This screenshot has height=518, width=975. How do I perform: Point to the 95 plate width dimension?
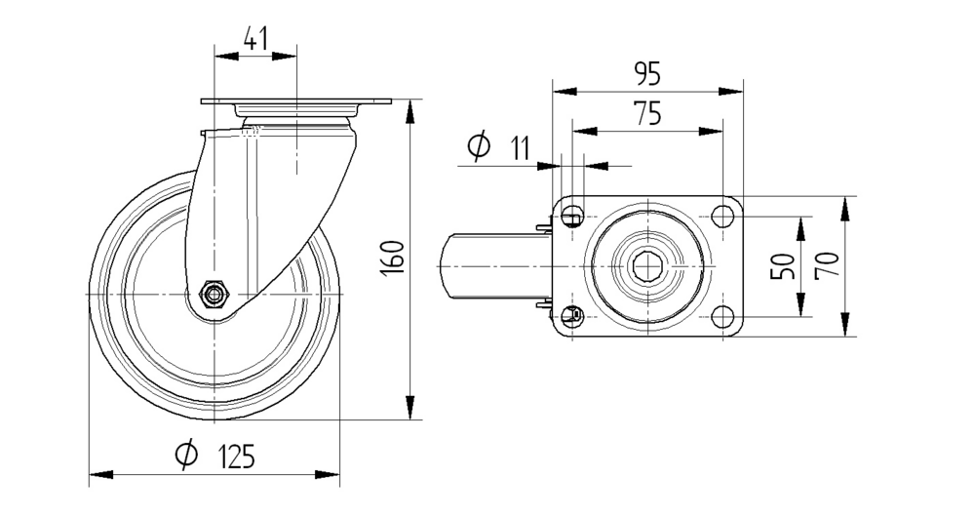[x=647, y=73]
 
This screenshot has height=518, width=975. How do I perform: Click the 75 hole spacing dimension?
[x=647, y=113]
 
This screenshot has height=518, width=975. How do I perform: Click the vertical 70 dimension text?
[x=829, y=265]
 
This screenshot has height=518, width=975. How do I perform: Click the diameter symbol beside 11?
[x=479, y=147]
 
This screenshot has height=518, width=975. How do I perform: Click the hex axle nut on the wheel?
[x=213, y=294]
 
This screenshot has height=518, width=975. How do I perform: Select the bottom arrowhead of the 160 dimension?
[x=409, y=410]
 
